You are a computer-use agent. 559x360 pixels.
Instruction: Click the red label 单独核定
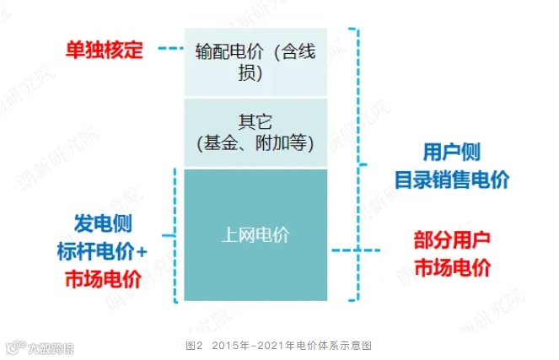(105, 48)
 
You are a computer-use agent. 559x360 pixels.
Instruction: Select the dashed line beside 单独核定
(169, 49)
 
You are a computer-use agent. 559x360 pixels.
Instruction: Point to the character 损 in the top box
(255, 71)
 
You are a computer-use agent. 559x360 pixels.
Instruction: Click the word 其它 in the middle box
(255, 120)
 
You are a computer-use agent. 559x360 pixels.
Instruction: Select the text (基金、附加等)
(255, 141)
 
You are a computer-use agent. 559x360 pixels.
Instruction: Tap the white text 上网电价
(255, 235)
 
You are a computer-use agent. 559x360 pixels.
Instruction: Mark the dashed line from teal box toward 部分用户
(356, 250)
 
